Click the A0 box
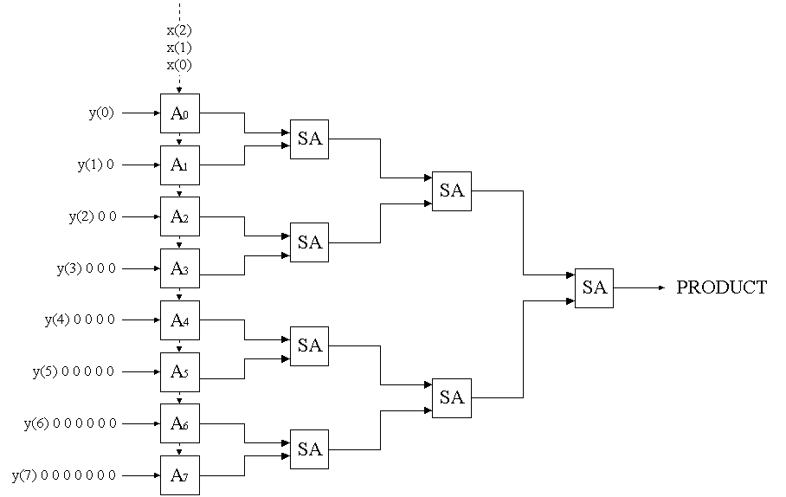(179, 113)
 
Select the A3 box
(179, 268)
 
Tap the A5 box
(179, 372)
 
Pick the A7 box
(179, 475)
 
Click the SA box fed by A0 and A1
(309, 139)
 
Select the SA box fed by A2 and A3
(309, 242)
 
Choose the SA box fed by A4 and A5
(309, 346)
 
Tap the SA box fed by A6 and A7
(309, 449)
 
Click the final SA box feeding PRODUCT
(594, 288)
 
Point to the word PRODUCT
(721, 288)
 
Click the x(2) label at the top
(179, 29)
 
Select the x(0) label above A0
(179, 64)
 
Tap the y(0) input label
(101, 113)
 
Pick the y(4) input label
(58, 320)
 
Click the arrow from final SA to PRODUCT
(640, 287)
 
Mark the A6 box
(179, 423)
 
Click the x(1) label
(179, 47)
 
